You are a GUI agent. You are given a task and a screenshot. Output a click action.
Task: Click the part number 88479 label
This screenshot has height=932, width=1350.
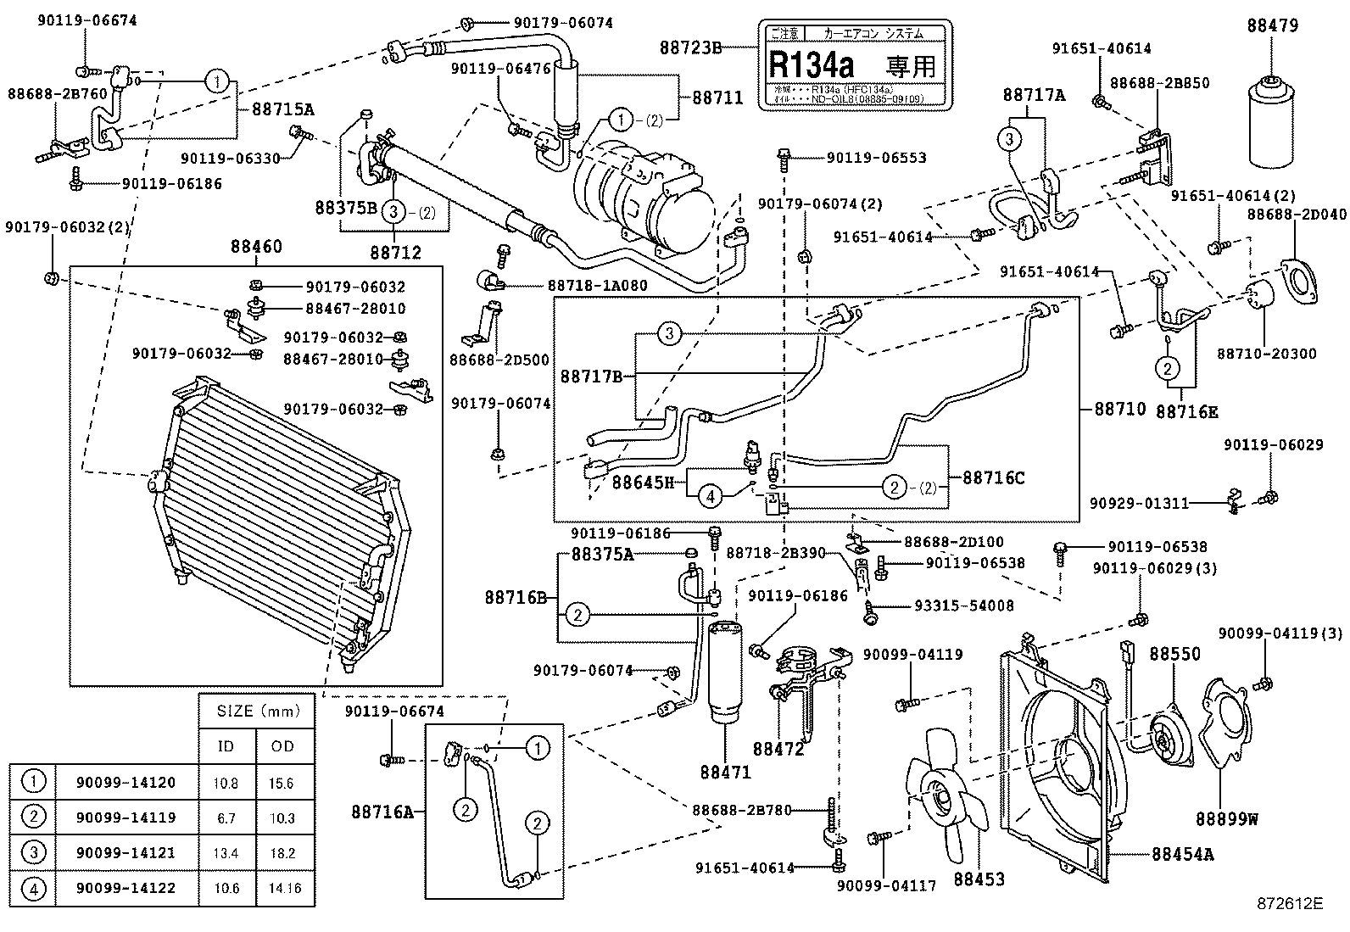point(1272,26)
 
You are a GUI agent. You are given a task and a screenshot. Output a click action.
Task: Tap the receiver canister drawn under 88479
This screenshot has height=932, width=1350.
point(1273,124)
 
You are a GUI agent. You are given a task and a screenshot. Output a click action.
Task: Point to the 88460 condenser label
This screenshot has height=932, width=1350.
point(255,247)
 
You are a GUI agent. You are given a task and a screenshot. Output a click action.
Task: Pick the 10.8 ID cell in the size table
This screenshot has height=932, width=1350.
point(226,783)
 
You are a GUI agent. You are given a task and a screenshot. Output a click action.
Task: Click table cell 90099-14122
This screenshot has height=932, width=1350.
point(126,888)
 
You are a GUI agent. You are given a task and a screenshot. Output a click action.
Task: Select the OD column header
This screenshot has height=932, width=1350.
point(282,746)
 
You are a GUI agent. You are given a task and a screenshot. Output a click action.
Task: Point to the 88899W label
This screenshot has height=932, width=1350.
point(1226,819)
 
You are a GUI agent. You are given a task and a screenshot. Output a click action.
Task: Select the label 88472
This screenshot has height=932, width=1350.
point(778,749)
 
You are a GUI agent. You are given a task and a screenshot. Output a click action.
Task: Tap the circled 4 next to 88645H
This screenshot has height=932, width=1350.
point(711,495)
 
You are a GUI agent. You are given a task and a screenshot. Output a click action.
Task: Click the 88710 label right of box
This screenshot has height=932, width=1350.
point(1119,409)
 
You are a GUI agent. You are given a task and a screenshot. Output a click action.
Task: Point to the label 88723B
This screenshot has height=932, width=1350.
point(689,48)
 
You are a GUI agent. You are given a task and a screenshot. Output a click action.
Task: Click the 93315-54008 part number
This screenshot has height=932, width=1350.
point(963,606)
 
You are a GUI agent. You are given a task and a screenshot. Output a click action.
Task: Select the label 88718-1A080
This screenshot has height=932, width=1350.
point(597,286)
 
